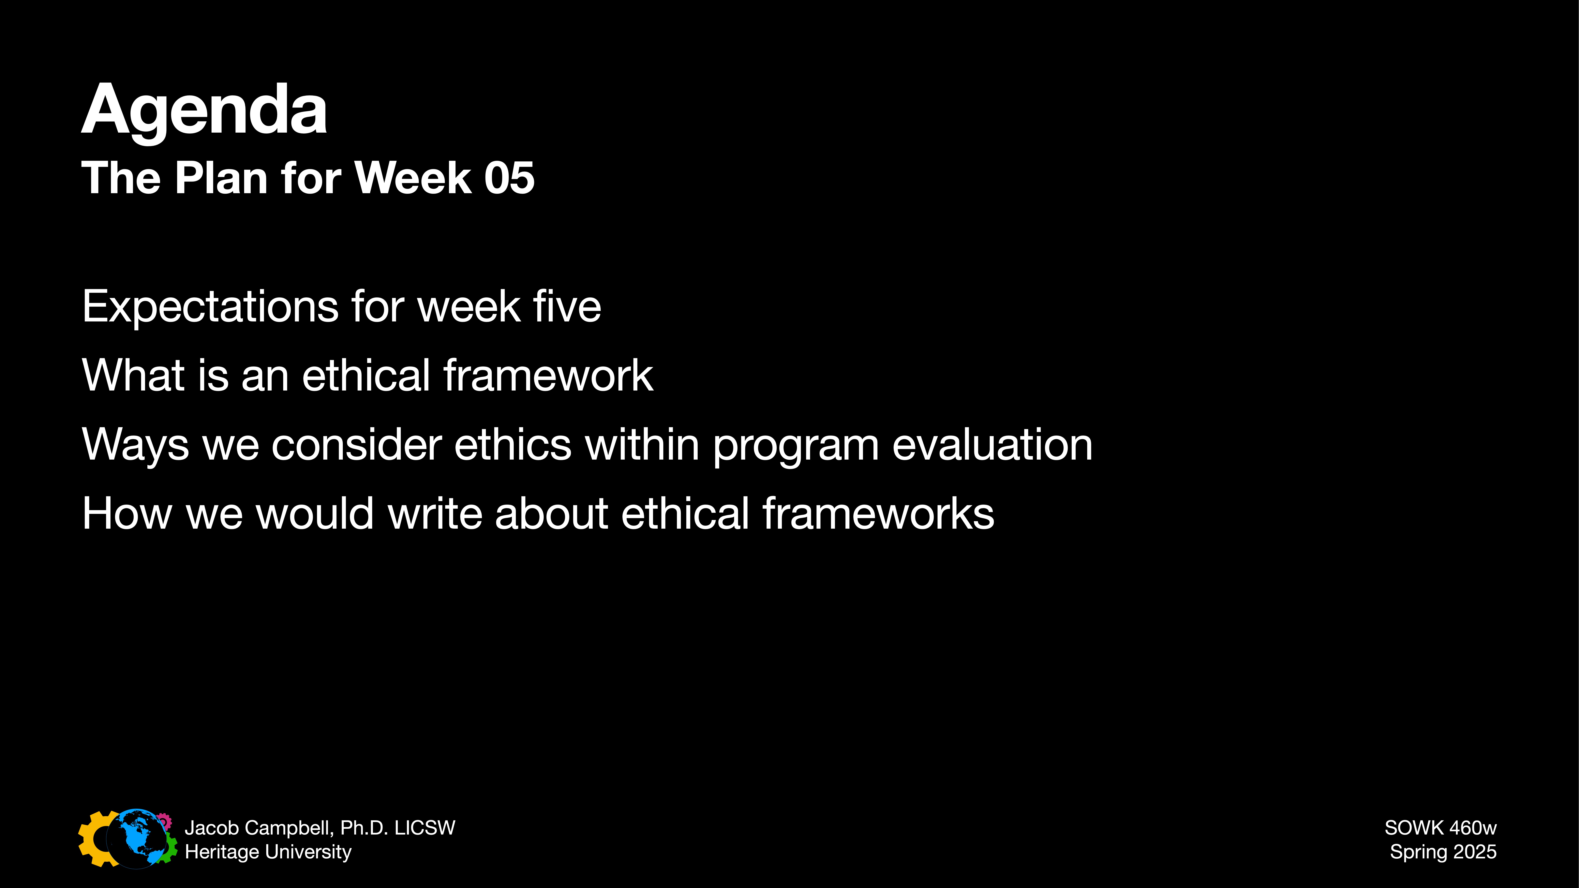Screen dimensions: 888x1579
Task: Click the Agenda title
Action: [x=204, y=110]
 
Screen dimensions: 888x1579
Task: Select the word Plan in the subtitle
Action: [x=221, y=178]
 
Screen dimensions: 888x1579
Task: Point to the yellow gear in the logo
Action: [x=92, y=840]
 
